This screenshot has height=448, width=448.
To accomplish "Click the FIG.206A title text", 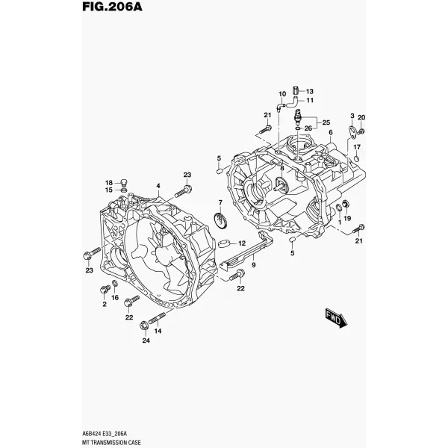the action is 112,7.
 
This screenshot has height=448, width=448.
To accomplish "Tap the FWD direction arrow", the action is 336,318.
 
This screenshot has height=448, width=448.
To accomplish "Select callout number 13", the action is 310,91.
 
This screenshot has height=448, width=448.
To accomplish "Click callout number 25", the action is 326,122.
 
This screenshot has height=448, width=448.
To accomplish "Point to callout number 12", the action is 242,243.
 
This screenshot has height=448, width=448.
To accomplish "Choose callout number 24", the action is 146,340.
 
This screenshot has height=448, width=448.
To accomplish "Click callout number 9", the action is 253,265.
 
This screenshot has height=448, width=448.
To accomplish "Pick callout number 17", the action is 357,147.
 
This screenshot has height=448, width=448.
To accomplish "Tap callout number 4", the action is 158,186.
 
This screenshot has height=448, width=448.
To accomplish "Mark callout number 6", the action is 331,132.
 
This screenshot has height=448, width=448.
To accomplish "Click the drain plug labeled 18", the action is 124,182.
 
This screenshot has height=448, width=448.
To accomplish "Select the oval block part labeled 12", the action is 224,243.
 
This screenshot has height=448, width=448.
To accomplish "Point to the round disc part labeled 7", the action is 220,221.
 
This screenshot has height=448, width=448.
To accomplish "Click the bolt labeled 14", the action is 157,317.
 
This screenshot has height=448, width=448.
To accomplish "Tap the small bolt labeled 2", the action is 105,289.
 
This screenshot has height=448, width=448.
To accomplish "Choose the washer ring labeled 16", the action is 114,284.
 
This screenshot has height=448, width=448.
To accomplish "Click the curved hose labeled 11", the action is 292,102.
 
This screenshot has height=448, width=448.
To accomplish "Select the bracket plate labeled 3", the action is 353,132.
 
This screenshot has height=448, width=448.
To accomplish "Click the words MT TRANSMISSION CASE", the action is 111,443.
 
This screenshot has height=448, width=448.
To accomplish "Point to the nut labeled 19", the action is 346,203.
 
